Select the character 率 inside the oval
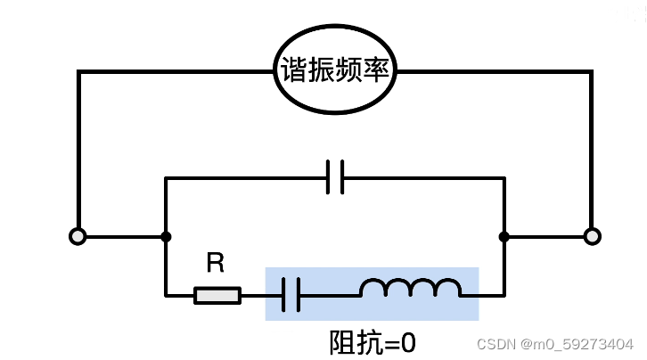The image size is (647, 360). pyautogui.click(x=376, y=71)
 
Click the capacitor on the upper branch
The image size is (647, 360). pyautogui.click(x=335, y=177)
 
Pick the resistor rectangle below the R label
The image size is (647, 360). pyautogui.click(x=217, y=294)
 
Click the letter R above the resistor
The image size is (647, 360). pyautogui.click(x=216, y=263)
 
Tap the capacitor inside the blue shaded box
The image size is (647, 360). pyautogui.click(x=291, y=294)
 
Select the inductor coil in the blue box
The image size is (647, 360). pyautogui.click(x=410, y=289)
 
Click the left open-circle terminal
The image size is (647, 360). pyautogui.click(x=78, y=236)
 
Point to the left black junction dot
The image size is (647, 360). pyautogui.click(x=166, y=236)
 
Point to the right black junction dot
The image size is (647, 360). pyautogui.click(x=504, y=236)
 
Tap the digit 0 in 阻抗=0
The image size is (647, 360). pyautogui.click(x=409, y=342)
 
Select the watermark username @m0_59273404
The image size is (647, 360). pyautogui.click(x=577, y=344)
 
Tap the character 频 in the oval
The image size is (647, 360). pyautogui.click(x=349, y=71)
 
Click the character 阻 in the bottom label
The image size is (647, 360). pyautogui.click(x=341, y=342)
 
